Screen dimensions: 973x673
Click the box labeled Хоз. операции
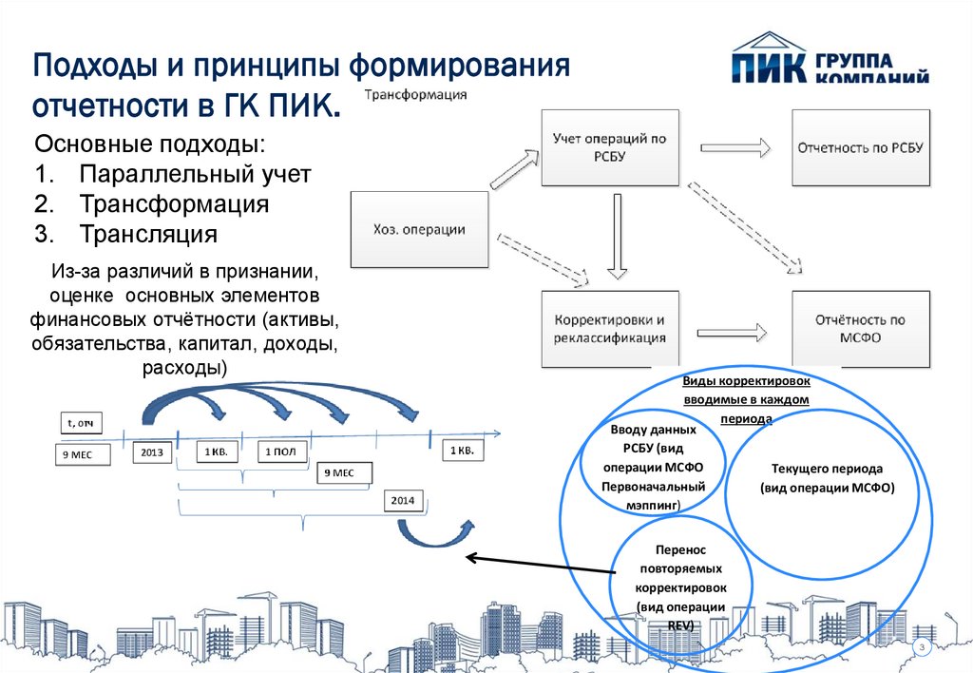[419, 229]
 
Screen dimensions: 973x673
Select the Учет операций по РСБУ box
[610, 147]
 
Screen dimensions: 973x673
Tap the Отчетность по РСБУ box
[861, 147]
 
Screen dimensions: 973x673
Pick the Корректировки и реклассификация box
[610, 329]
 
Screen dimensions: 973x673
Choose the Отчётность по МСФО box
[861, 329]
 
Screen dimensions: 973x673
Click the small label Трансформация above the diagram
[415, 95]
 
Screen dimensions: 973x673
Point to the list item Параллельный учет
[195, 175]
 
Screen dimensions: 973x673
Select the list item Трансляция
[148, 234]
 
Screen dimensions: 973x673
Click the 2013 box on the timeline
[152, 452]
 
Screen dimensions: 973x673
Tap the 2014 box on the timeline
[403, 500]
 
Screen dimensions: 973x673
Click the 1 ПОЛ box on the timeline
[281, 452]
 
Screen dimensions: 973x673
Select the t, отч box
[81, 423]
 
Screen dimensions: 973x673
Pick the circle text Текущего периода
[828, 478]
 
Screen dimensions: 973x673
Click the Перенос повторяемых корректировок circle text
[680, 587]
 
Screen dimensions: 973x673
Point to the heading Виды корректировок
[747, 380]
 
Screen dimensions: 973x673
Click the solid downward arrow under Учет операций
[617, 236]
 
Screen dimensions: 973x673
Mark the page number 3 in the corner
[922, 647]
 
